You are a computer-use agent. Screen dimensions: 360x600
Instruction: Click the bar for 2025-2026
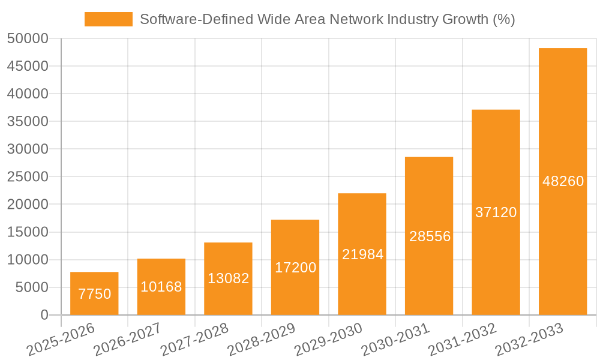[94, 293]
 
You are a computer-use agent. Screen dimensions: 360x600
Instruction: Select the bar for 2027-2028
[228, 278]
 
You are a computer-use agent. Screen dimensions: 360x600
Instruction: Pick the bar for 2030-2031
[429, 236]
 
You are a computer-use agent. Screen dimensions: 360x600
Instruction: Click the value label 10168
[161, 287]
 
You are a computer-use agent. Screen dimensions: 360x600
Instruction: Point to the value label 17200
[295, 268]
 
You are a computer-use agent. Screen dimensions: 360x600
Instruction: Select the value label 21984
[362, 254]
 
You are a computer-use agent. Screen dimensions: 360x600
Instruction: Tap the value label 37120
[496, 212]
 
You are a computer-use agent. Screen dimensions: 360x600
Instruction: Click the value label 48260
[563, 181]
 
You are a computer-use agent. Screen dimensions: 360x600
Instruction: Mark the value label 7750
[95, 294]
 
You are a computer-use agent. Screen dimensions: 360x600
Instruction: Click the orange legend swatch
[109, 19]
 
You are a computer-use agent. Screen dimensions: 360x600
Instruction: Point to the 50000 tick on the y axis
[27, 39]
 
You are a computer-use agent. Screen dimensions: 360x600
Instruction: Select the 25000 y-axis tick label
[27, 177]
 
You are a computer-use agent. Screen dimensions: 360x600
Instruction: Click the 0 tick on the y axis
[44, 315]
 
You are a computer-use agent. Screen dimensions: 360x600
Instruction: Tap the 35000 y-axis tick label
[27, 122]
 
